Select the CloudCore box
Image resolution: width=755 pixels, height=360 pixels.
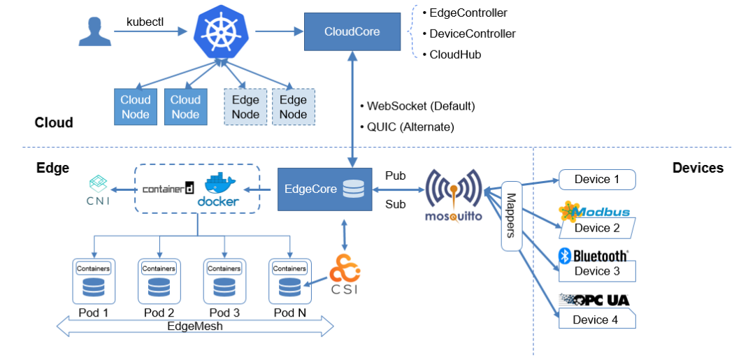pyautogui.click(x=352, y=31)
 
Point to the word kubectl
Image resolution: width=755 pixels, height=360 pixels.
pyautogui.click(x=145, y=22)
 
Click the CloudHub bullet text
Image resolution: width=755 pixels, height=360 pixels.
pyautogui.click(x=454, y=55)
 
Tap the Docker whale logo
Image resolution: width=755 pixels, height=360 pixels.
pyautogui.click(x=220, y=189)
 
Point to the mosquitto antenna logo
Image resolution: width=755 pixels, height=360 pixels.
pyautogui.click(x=454, y=194)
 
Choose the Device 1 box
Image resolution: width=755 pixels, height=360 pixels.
pyautogui.click(x=597, y=180)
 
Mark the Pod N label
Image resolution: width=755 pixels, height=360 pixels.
pyautogui.click(x=289, y=312)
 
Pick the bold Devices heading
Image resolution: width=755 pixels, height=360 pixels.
pyautogui.click(x=698, y=168)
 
